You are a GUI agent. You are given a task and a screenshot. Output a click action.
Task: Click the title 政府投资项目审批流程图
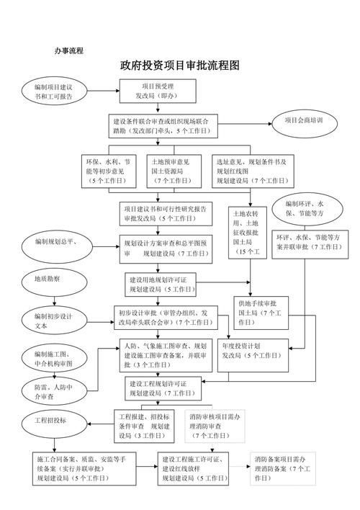click(179, 66)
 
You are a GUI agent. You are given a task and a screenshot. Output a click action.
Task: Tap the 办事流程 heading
click(69, 50)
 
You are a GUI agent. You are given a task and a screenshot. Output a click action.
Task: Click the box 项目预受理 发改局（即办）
click(158, 91)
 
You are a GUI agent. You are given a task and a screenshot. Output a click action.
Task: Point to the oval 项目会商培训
click(303, 120)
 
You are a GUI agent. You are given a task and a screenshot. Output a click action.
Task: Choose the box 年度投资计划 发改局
click(256, 350)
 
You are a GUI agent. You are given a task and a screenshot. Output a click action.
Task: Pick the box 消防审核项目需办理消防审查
click(214, 426)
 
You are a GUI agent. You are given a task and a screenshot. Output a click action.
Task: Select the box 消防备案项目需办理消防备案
click(282, 468)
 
